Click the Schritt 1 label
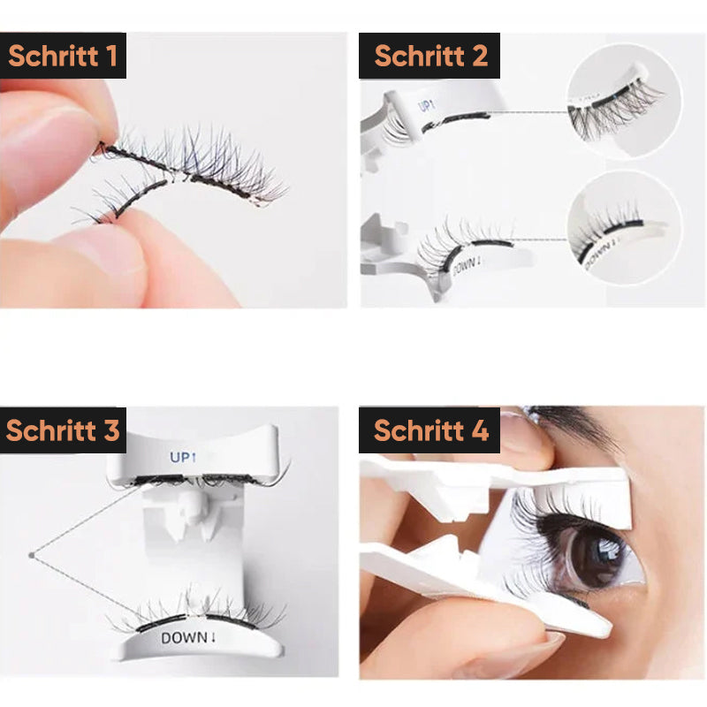[x=63, y=56]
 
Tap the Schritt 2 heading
[x=431, y=56]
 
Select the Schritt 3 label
[x=63, y=430]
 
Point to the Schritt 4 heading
[x=431, y=430]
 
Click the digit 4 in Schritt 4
[x=480, y=430]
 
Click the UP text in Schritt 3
[x=183, y=457]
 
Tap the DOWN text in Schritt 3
[x=188, y=637]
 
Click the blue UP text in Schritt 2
[x=426, y=106]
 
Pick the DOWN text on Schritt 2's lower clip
[x=467, y=266]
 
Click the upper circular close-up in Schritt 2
[x=625, y=102]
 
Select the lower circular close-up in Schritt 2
[x=625, y=228]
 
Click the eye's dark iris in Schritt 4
[x=595, y=556]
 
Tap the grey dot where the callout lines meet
[x=32, y=555]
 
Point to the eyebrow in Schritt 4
[x=573, y=418]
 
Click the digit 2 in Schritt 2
[x=480, y=56]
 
